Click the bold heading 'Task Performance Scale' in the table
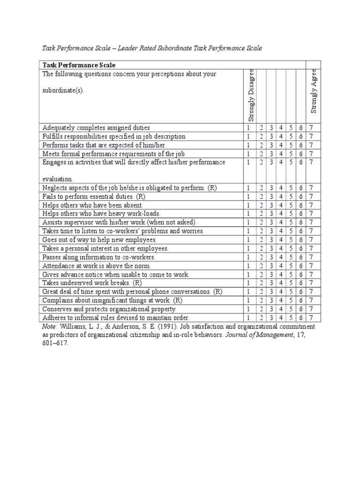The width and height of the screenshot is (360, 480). point(79,65)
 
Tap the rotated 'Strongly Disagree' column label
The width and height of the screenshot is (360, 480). point(251,95)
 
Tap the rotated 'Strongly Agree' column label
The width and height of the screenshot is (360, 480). point(314,91)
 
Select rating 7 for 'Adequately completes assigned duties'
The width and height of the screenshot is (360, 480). point(311,127)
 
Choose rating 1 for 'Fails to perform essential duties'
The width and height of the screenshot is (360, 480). point(248,196)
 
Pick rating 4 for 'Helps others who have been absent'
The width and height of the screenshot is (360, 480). point(281,205)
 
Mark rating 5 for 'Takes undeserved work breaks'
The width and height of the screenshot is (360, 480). point(291,283)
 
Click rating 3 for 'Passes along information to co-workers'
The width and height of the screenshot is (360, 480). point(271,257)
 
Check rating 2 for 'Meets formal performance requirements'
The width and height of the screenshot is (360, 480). point(261,154)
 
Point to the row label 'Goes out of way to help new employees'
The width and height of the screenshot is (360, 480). point(99,240)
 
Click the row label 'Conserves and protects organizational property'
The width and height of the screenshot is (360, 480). point(109,309)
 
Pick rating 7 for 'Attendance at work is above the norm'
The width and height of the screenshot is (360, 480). point(311,266)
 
